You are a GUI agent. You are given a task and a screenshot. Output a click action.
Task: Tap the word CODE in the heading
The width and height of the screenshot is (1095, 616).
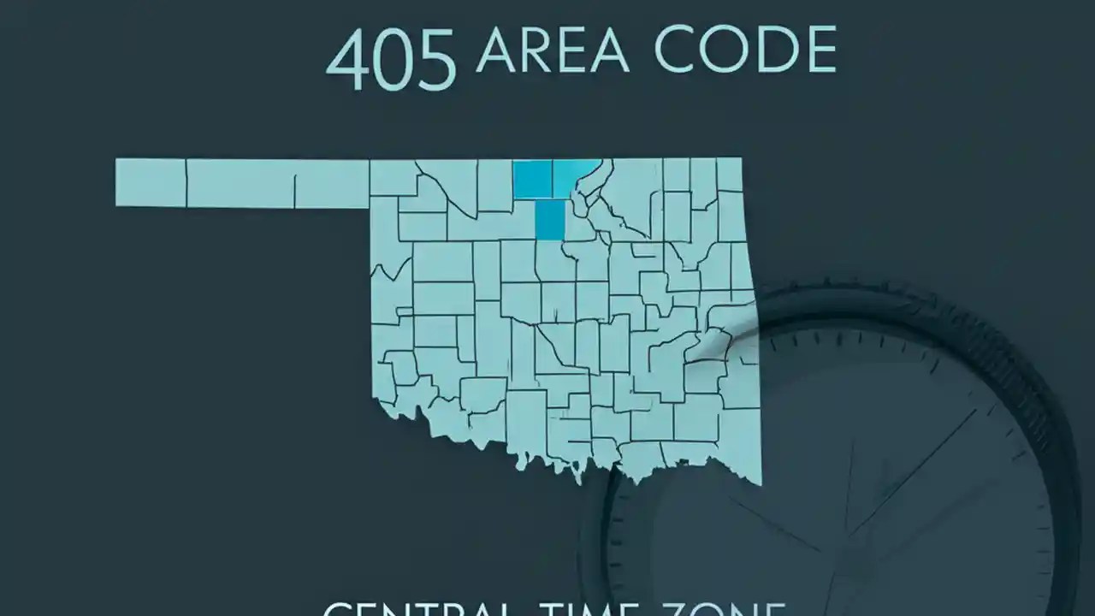(x=744, y=51)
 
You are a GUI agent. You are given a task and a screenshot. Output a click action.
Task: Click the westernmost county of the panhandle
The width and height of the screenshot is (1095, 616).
(x=151, y=181)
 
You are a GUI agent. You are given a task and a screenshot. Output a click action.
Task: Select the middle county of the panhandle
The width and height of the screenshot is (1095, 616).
(x=240, y=183)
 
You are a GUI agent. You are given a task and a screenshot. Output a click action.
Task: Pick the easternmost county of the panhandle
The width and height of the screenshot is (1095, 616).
(x=332, y=183)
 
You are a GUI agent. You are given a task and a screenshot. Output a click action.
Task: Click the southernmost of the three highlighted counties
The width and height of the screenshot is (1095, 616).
(x=550, y=221)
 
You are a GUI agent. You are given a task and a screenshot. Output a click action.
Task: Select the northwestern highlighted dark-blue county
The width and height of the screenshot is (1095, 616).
(x=532, y=178)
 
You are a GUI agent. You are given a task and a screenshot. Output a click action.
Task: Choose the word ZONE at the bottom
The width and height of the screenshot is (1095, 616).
(x=727, y=610)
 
